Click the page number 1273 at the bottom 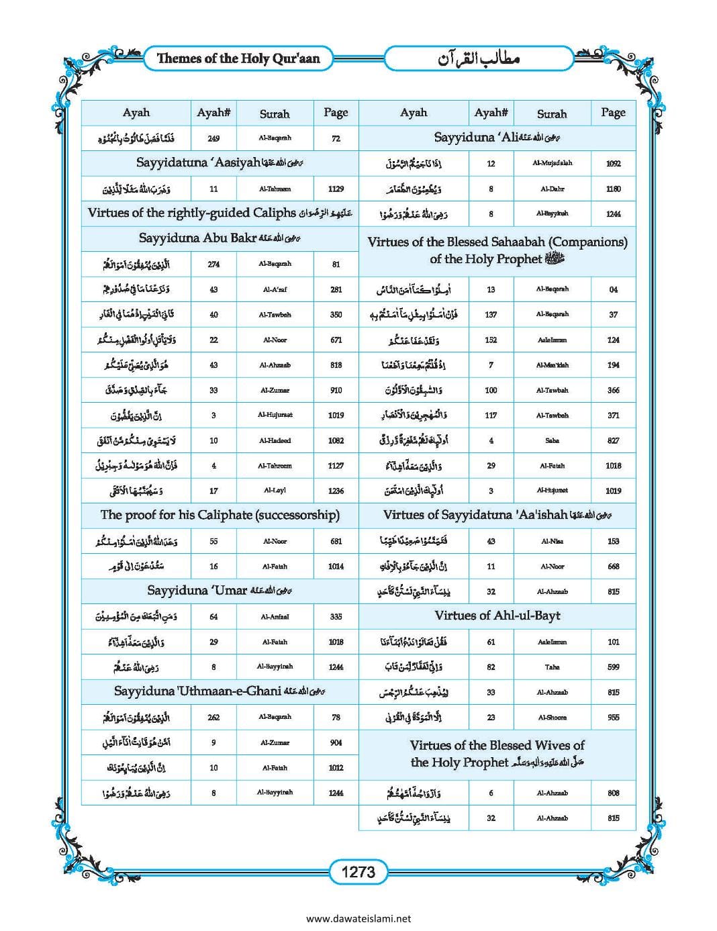[358, 872]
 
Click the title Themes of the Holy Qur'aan [238, 58]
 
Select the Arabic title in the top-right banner [479, 59]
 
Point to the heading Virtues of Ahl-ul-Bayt [497, 616]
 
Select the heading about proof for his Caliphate [220, 516]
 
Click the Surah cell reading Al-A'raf [275, 289]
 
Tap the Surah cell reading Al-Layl [275, 491]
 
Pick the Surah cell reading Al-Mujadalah [552, 163]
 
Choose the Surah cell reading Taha [552, 667]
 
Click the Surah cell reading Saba [552, 440]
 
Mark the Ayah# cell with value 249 [213, 138]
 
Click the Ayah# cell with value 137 [491, 314]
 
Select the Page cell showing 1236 [336, 491]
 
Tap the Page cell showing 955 [613, 718]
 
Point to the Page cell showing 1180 [613, 189]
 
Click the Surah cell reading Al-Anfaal [275, 616]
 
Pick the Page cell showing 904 [336, 742]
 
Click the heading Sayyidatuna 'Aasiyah [220, 163]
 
